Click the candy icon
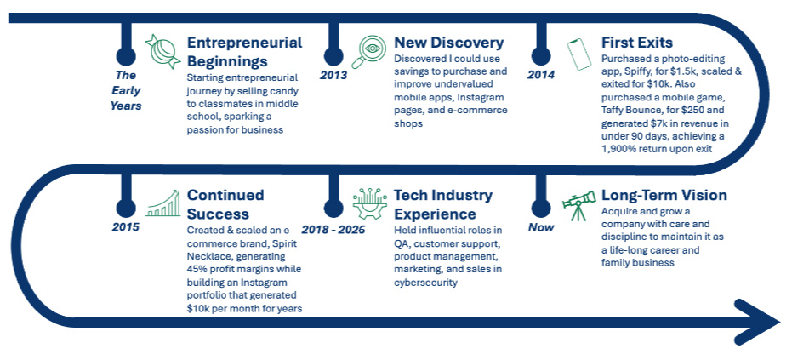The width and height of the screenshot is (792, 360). point(162,52)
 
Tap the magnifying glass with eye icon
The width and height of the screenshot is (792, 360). point(368,52)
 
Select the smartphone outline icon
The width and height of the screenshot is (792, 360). point(578,54)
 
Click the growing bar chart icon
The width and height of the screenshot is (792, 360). point(162,203)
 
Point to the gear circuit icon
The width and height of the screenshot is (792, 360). point(370,203)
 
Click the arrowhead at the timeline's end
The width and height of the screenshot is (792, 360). point(756,322)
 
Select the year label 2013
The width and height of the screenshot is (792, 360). point(333,76)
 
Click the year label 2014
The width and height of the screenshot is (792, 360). point(541,76)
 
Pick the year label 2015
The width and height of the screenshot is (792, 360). point(126,227)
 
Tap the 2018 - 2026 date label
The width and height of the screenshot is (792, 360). point(333,230)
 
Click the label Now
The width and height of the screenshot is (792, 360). point(541,227)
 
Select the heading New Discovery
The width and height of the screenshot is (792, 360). point(449,43)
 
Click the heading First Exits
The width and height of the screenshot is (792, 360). point(637,42)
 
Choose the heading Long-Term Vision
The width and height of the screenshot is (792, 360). point(664,195)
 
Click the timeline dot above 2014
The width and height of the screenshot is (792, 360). point(541,55)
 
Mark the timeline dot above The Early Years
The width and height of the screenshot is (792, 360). point(126,55)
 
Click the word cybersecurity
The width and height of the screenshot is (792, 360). point(425,283)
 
